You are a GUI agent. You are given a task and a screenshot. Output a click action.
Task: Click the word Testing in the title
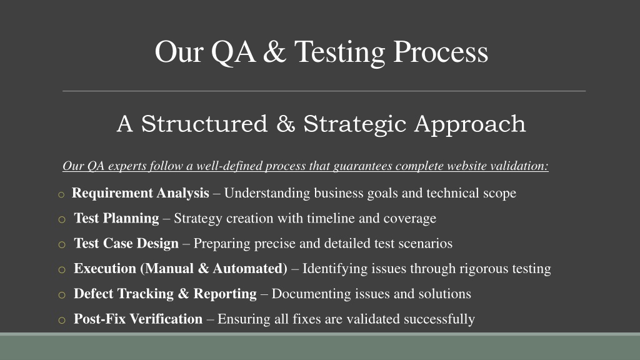tap(339, 53)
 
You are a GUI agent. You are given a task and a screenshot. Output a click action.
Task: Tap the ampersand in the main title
tap(274, 52)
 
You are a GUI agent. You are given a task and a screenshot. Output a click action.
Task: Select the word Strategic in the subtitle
tap(354, 124)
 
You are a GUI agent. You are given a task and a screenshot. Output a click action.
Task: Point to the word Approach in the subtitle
tap(470, 124)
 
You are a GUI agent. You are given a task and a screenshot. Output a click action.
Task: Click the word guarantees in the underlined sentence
tap(362, 166)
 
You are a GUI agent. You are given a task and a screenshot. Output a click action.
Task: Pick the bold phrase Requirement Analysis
tap(141, 193)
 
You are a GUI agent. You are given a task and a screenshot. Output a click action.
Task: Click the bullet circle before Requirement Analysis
tap(61, 195)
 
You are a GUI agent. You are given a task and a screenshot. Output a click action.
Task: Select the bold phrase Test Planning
tap(116, 218)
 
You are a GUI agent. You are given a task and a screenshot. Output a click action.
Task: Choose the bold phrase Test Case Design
tap(126, 243)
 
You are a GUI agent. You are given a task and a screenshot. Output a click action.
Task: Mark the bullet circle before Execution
tap(62, 270)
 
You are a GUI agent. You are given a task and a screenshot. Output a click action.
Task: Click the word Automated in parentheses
tap(247, 269)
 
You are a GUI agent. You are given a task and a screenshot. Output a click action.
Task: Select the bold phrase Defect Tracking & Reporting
tap(165, 294)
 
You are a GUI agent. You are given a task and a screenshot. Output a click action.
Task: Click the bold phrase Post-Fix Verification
tap(138, 319)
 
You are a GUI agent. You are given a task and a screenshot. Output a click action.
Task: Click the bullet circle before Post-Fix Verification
tap(62, 321)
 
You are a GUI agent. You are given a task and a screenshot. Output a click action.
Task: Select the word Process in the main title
tap(441, 52)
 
